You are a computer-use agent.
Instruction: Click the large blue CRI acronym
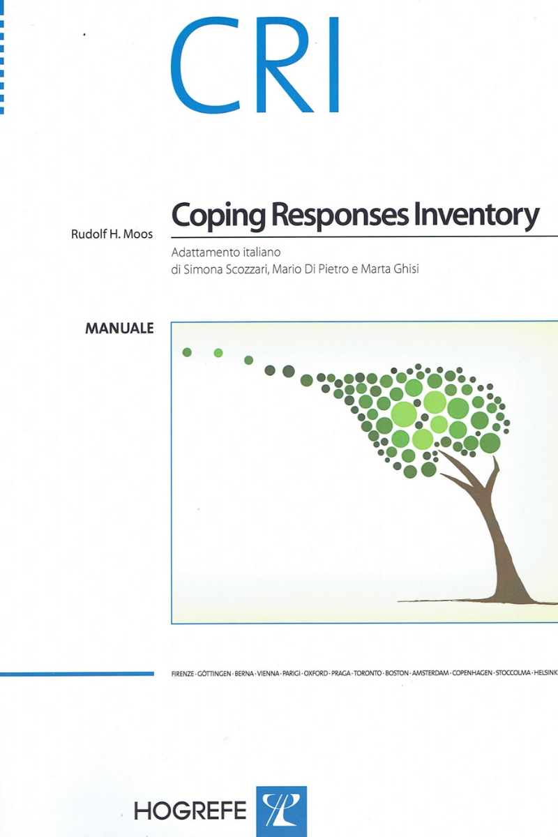pos(255,65)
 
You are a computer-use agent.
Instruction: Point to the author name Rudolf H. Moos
pos(112,234)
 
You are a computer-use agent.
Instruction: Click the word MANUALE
pos(119,329)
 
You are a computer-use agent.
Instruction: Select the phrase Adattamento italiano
pos(226,252)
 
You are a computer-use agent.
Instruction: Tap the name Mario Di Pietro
pos(310,269)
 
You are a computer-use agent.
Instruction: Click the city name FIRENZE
pos(182,673)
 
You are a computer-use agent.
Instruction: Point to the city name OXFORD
pos(316,673)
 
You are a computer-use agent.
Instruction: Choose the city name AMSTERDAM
pos(430,673)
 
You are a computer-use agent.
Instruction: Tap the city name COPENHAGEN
pos(472,673)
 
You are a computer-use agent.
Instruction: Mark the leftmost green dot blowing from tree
pos(187,352)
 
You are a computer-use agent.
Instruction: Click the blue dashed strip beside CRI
pos(2,57)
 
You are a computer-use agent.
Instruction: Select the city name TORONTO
pos(368,673)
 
